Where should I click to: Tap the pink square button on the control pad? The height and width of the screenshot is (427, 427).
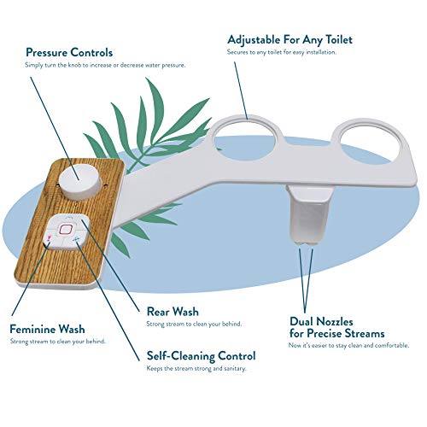(65, 228)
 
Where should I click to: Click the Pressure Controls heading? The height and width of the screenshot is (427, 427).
(69, 53)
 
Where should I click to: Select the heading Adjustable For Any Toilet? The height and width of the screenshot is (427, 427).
(290, 39)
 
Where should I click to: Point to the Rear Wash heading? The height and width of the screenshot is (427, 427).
(173, 312)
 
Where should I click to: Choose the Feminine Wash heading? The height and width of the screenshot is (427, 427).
(47, 329)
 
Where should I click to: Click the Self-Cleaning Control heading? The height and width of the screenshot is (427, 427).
(201, 356)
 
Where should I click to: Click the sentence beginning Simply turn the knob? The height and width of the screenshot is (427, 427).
(105, 65)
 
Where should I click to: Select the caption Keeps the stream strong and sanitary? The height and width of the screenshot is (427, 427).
(196, 368)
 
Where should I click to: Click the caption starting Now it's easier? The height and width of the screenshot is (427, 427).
(348, 346)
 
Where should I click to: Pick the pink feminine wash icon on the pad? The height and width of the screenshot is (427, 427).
(49, 237)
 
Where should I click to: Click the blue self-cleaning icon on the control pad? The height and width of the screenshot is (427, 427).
(75, 240)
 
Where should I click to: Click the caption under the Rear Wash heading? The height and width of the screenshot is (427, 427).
(194, 324)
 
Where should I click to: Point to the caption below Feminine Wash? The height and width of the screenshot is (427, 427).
(58, 342)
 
